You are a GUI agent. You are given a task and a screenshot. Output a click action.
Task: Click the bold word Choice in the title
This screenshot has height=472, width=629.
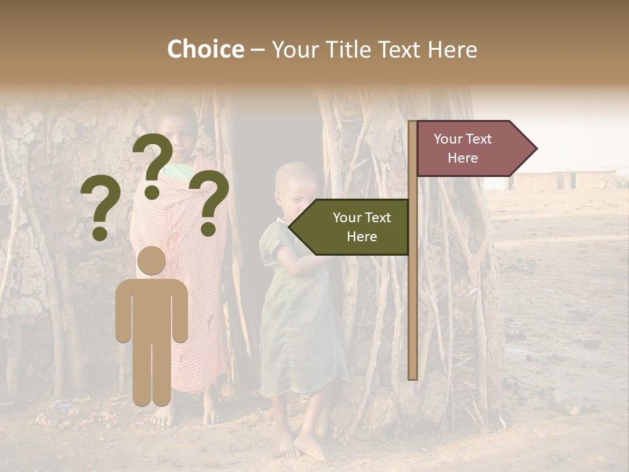(205, 50)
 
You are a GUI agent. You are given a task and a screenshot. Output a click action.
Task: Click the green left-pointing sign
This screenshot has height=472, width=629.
(351, 227)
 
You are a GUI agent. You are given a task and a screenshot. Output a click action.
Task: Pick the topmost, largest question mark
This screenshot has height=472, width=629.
(153, 164)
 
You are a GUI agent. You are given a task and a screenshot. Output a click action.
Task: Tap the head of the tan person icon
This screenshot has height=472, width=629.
(151, 260)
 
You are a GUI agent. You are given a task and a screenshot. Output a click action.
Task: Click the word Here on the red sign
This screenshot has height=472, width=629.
(463, 158)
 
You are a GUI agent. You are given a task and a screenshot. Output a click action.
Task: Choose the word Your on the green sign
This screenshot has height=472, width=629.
(346, 218)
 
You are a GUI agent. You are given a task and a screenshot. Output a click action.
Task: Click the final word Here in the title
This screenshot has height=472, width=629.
(452, 50)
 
